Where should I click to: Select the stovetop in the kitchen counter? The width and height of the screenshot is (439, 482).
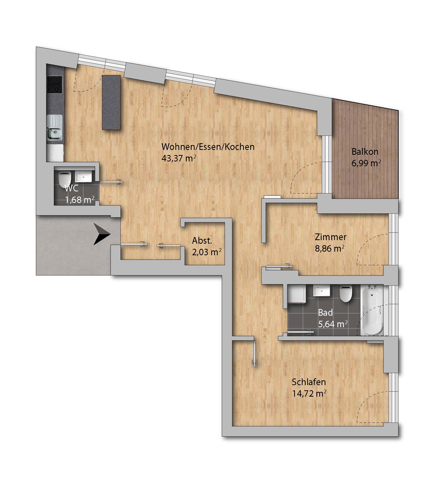click(x=54, y=85)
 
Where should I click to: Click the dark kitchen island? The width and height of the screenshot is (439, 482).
click(x=111, y=102)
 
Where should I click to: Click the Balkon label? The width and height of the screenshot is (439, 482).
click(x=365, y=152)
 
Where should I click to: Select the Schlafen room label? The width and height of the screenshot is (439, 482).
click(x=309, y=382)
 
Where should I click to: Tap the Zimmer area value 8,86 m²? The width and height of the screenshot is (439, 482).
click(x=330, y=248)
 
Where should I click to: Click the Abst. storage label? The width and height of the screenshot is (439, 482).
click(x=202, y=241)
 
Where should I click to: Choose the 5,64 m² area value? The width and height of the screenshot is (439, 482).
click(x=333, y=324)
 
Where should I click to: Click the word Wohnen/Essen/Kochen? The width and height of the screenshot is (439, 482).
click(x=208, y=147)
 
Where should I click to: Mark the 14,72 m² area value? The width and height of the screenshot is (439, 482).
click(x=309, y=393)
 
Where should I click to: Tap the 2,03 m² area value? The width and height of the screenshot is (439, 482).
click(x=207, y=252)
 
